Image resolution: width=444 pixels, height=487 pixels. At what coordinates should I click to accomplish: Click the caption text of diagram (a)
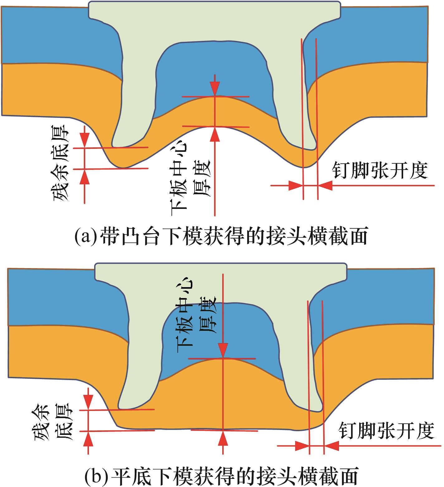point(221,236)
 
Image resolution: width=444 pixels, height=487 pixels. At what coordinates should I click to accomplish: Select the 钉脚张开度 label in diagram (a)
point(379,170)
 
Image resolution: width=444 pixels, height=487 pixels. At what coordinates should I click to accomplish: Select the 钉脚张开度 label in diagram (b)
point(387,431)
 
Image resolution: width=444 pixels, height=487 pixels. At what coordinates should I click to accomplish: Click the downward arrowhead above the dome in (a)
point(215,89)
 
